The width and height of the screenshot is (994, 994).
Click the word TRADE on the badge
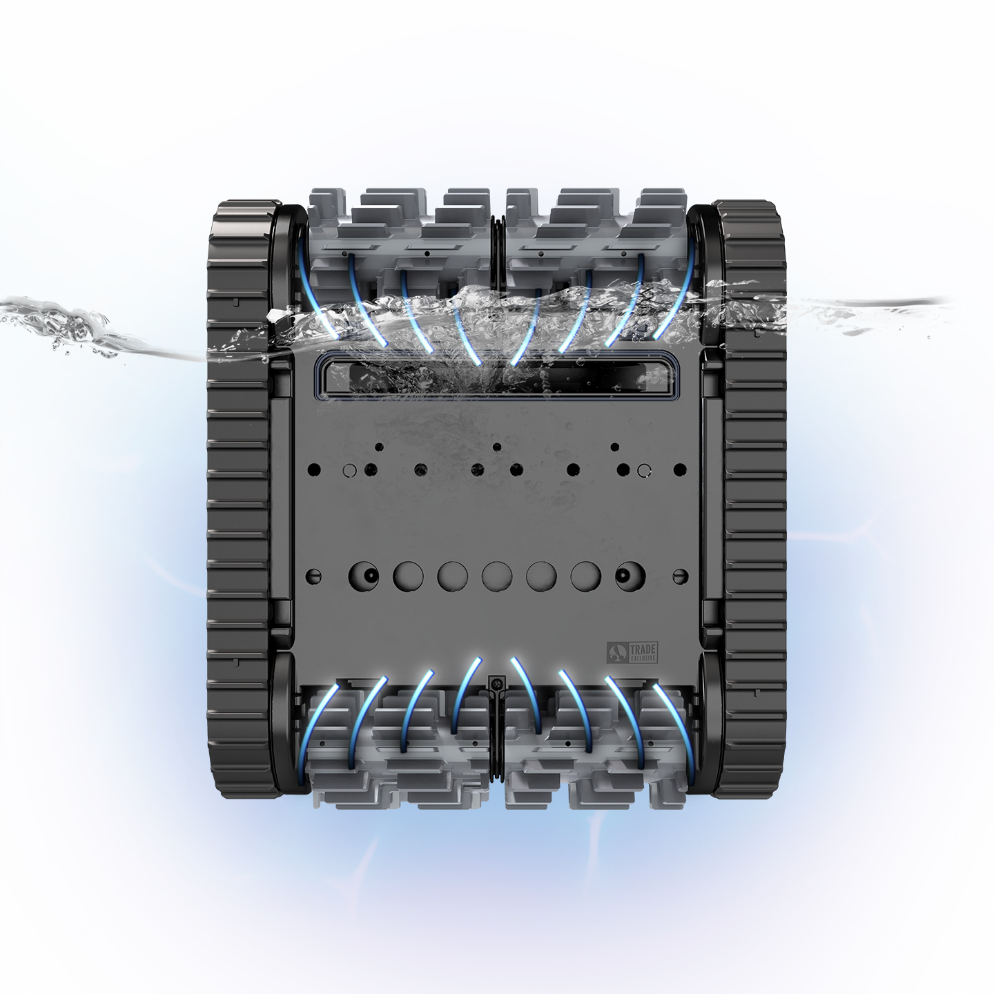(640, 647)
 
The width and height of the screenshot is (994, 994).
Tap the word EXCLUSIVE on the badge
(640, 657)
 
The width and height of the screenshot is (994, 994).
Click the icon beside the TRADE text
(616, 652)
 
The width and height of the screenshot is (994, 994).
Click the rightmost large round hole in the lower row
(630, 574)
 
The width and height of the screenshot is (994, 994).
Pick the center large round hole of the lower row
(496, 574)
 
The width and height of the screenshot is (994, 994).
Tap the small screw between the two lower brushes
(496, 683)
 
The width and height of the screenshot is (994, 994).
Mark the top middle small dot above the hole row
(496, 447)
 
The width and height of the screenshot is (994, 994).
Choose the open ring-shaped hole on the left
(349, 470)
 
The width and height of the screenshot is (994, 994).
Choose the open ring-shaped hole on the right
(644, 470)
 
